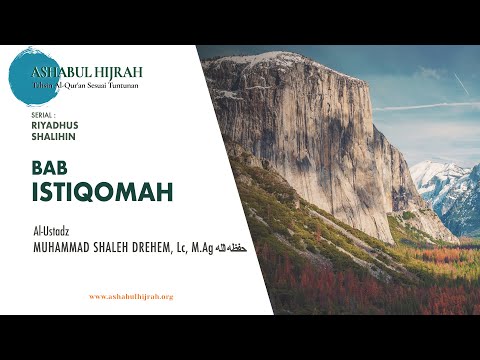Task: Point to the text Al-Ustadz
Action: (x=50, y=232)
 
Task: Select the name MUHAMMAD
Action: (x=66, y=247)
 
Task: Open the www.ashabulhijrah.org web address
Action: (x=131, y=296)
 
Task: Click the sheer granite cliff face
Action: (x=300, y=130)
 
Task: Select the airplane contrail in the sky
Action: (x=430, y=104)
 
